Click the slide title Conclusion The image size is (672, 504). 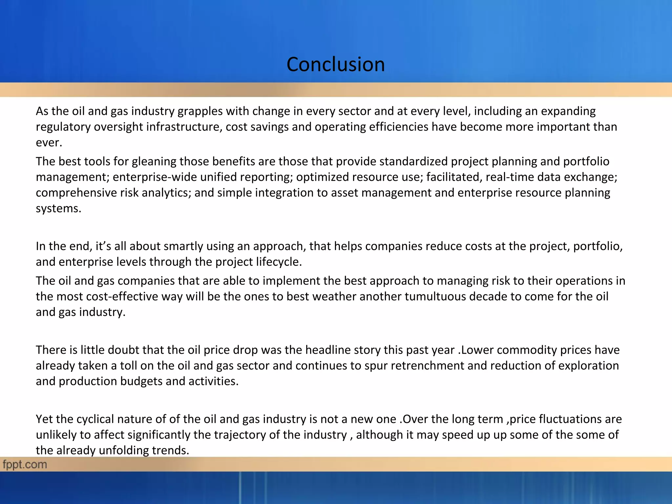pyautogui.click(x=335, y=64)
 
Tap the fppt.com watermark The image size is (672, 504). pyautogui.click(x=25, y=464)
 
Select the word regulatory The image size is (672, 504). pyautogui.click(x=63, y=127)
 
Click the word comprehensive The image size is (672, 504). pyautogui.click(x=76, y=193)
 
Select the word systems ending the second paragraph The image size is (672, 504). pyautogui.click(x=58, y=208)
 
